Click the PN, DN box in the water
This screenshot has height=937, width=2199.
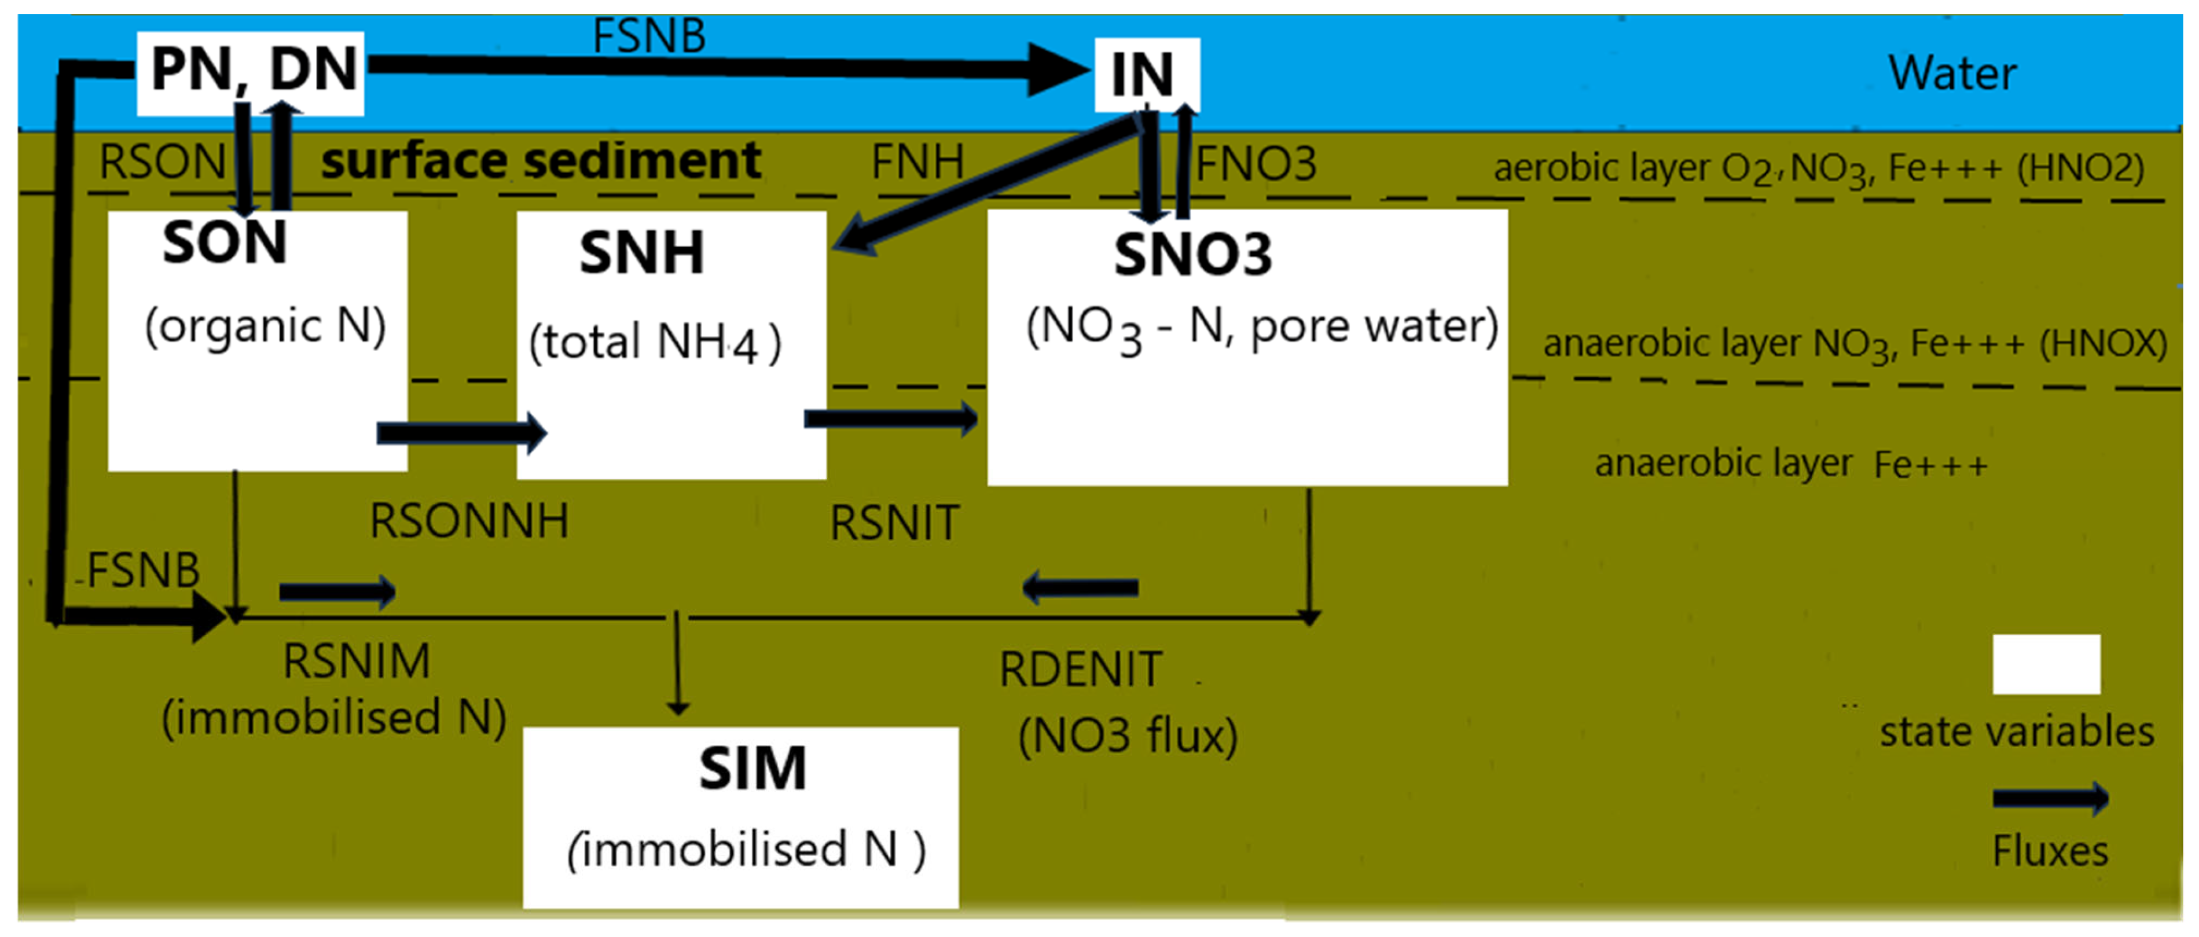[251, 72]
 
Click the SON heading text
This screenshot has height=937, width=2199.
[225, 243]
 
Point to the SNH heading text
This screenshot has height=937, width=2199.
[641, 253]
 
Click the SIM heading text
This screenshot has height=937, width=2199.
[752, 769]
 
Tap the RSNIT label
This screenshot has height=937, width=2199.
[895, 523]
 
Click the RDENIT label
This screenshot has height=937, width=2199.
[1080, 669]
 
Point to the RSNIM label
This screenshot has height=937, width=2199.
[356, 662]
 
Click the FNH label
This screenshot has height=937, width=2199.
[917, 161]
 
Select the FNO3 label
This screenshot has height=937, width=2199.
[1255, 164]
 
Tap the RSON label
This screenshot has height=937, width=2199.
[162, 161]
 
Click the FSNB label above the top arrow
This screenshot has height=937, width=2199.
[649, 36]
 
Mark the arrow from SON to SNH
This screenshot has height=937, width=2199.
[461, 433]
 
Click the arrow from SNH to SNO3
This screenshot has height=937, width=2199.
[890, 418]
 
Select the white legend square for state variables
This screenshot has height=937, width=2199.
[2046, 664]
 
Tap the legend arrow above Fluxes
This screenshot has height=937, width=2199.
[2050, 799]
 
